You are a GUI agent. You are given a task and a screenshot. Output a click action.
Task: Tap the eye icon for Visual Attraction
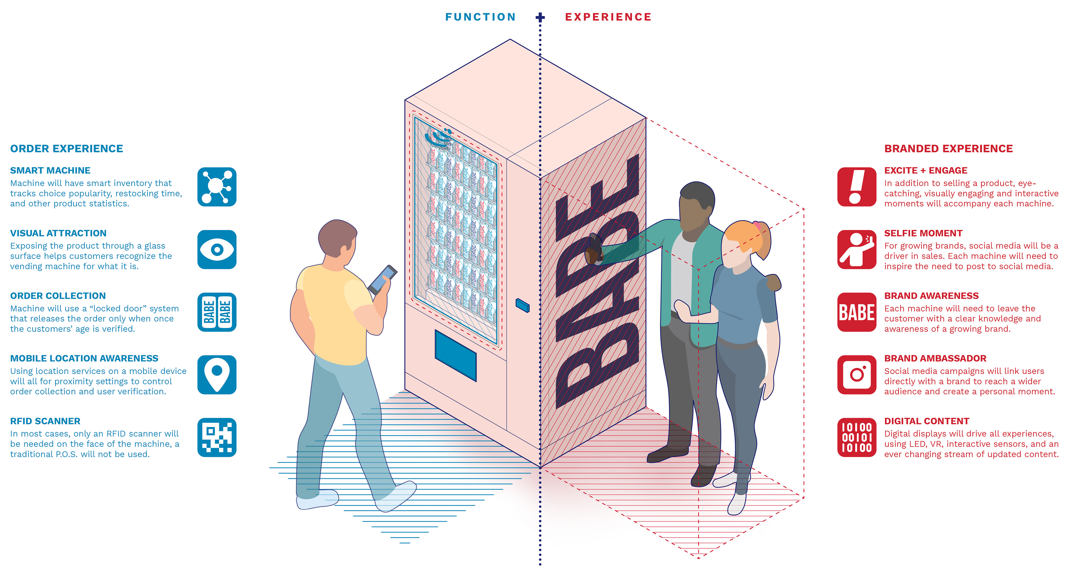217,249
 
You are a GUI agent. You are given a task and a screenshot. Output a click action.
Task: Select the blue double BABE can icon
217,312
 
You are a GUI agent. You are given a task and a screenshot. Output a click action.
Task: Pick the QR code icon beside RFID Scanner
217,437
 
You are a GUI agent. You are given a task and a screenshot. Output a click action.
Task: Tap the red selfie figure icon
856,249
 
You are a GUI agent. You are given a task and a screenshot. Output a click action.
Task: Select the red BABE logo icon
856,312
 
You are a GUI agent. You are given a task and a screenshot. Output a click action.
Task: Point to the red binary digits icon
856,437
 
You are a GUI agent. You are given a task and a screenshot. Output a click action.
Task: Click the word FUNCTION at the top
480,17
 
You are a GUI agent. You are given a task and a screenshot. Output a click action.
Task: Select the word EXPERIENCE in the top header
608,17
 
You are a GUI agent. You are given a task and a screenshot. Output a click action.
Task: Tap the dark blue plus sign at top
540,17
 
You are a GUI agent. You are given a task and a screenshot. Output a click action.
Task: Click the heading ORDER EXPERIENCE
66,149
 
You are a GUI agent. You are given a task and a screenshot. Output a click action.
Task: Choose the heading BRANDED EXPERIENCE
948,149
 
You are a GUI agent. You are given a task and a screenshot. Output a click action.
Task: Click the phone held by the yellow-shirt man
383,279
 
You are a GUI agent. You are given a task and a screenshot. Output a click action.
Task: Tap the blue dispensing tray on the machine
455,355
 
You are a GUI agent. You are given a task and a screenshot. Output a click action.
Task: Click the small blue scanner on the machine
522,305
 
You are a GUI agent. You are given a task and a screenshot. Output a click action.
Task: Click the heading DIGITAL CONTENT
926,421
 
